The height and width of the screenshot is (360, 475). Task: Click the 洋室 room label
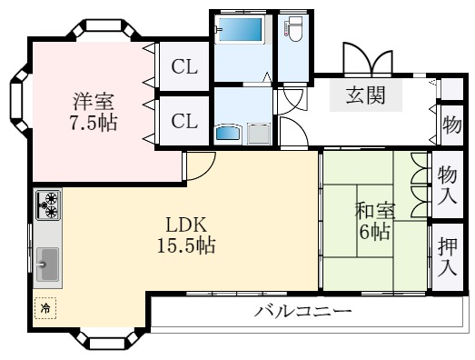(94, 101)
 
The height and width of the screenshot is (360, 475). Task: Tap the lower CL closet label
(183, 121)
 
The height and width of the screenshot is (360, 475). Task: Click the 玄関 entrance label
(370, 95)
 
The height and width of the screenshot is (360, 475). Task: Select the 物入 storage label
(446, 184)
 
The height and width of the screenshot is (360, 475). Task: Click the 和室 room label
(375, 210)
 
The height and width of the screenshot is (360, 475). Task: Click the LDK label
(189, 223)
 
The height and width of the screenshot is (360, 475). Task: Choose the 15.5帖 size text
(189, 245)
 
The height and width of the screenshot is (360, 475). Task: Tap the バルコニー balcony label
(302, 312)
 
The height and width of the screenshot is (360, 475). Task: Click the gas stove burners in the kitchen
(47, 205)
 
